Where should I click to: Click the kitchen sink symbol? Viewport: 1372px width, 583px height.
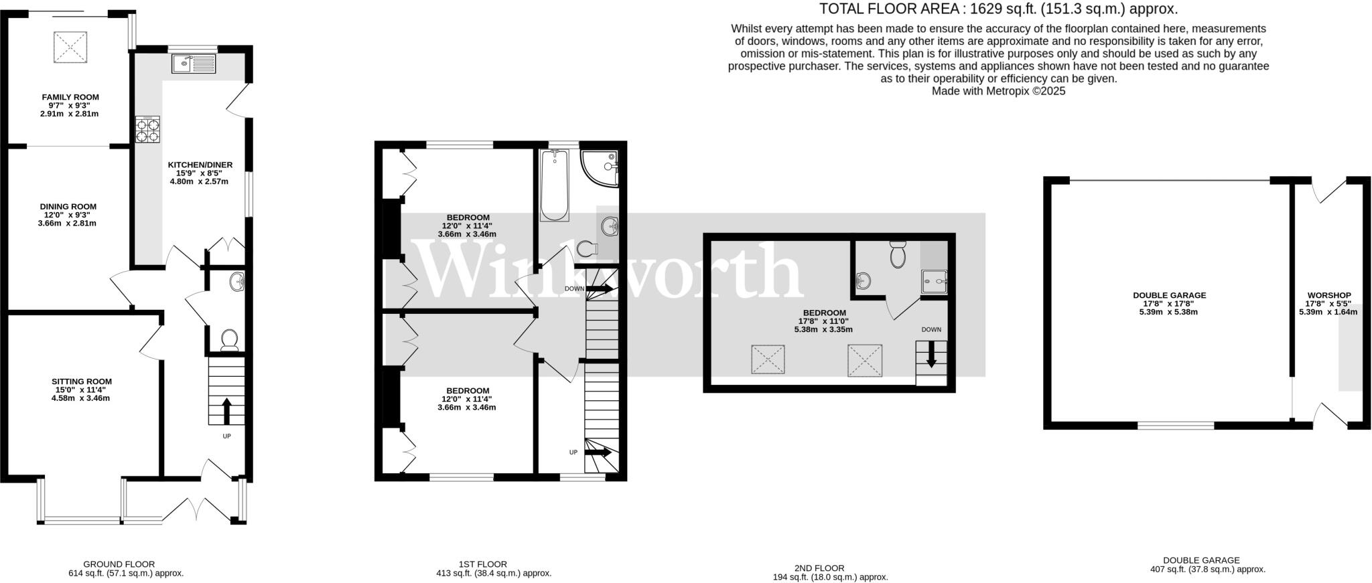pyautogui.click(x=193, y=64)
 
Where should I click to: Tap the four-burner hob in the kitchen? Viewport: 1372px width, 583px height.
pyautogui.click(x=148, y=129)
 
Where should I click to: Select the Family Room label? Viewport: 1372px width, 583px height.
pyautogui.click(x=70, y=97)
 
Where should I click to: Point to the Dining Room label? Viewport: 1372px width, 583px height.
pyautogui.click(x=68, y=207)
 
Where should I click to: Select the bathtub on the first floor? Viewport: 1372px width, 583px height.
pyautogui.click(x=555, y=185)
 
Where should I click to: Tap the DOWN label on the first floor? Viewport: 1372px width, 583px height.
pyautogui.click(x=574, y=289)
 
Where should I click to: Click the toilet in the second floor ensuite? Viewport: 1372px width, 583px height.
pyautogui.click(x=898, y=255)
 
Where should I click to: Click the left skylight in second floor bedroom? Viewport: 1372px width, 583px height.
pyautogui.click(x=768, y=359)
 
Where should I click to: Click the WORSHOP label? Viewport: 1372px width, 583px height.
pyautogui.click(x=1329, y=295)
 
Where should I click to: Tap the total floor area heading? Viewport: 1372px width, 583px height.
pyautogui.click(x=999, y=9)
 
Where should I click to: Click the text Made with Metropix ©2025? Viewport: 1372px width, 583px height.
pyautogui.click(x=998, y=91)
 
